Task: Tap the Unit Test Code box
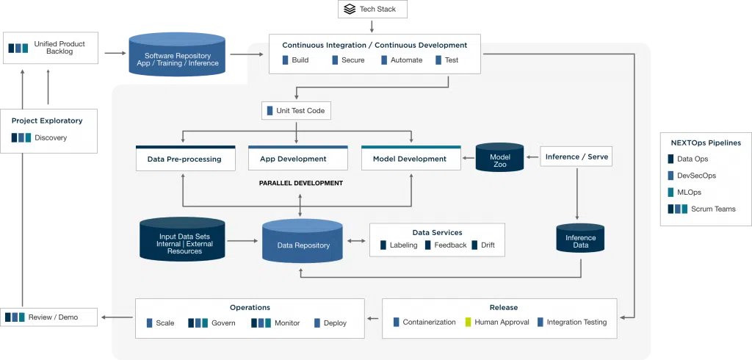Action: [x=296, y=111]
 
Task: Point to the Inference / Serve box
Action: [x=576, y=156]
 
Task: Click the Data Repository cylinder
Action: [x=303, y=242]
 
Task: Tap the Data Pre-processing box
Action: [x=185, y=159]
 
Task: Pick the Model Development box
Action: [x=411, y=159]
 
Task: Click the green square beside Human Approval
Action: [x=468, y=323]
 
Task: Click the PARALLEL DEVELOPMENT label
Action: [x=300, y=183]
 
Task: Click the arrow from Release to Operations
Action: [x=373, y=319]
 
